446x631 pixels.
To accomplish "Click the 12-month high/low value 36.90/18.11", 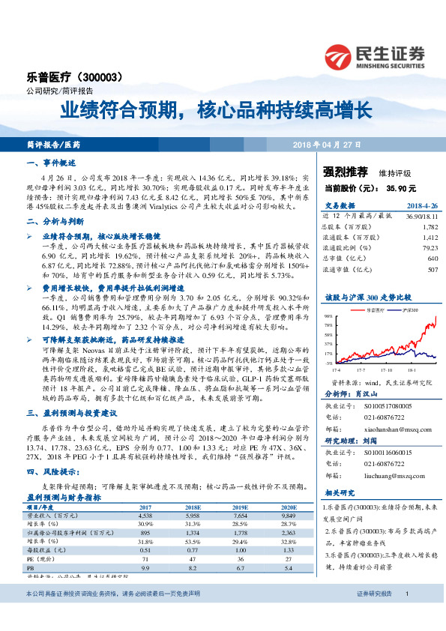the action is pos(417,216).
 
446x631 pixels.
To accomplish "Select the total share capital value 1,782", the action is pos(430,226).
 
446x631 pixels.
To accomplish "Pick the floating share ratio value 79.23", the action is pos(429,247).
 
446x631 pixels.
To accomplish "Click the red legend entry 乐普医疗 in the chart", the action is pos(374,310).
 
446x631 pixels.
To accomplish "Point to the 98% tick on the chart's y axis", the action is pos(328,317).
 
